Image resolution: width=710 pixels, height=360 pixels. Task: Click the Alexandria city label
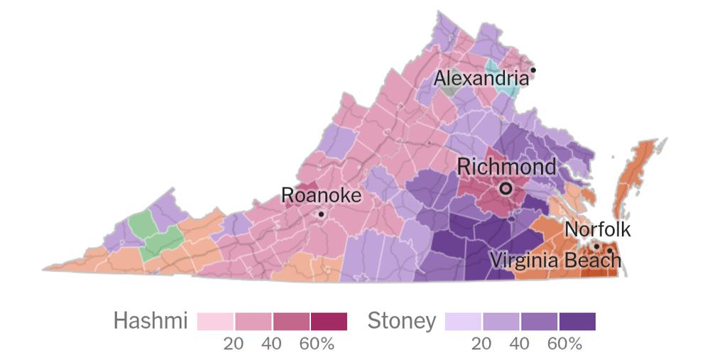click(x=481, y=78)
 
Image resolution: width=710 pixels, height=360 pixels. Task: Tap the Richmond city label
click(x=506, y=167)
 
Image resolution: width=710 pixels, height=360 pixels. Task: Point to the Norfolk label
click(x=597, y=229)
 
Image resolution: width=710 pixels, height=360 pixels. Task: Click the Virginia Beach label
click(x=555, y=260)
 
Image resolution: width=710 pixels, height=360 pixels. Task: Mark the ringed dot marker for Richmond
click(x=506, y=188)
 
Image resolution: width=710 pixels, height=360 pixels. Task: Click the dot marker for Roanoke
click(x=321, y=214)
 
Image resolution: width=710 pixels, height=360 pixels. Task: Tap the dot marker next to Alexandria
click(x=532, y=70)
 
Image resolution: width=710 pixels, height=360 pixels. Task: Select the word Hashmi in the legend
click(x=151, y=322)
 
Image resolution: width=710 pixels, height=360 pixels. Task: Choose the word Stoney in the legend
click(x=401, y=322)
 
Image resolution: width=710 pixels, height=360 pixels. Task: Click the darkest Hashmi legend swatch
click(x=328, y=322)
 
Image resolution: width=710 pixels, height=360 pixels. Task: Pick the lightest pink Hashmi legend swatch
click(x=216, y=322)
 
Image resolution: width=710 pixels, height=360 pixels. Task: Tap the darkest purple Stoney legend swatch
click(x=577, y=322)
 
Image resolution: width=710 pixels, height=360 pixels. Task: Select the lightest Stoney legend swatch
click(x=464, y=322)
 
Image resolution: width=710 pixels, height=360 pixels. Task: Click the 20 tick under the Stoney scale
click(x=482, y=344)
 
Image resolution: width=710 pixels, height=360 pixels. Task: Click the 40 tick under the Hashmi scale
click(x=272, y=344)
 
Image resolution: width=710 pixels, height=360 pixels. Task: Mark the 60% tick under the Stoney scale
click(x=565, y=344)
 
